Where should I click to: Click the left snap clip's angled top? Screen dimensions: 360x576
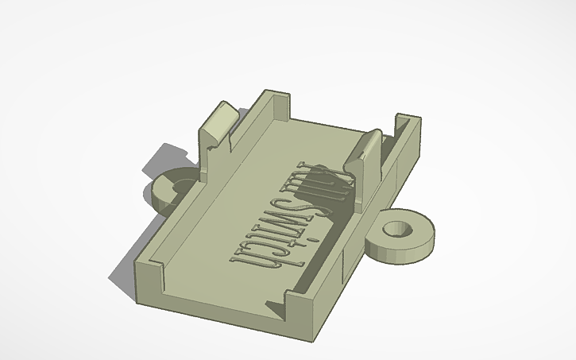pyautogui.click(x=218, y=119)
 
